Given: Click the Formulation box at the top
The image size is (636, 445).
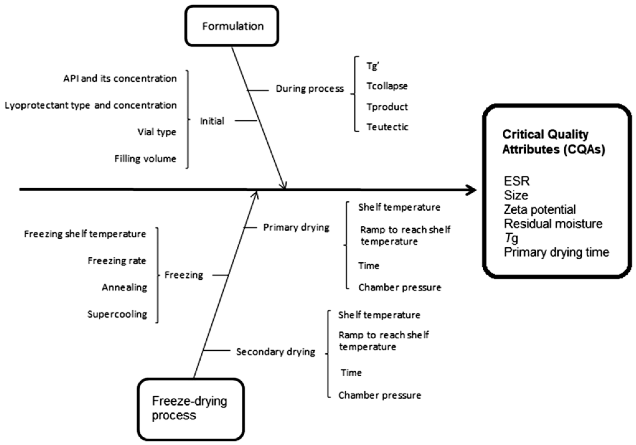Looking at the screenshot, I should coord(232,26).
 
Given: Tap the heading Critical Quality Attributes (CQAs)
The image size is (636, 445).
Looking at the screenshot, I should coord(553,142).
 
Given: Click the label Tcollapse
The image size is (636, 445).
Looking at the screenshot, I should coord(387,86).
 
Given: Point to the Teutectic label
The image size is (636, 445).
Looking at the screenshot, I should coord(387,127).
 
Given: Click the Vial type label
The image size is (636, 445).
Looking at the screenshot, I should coord(157,132).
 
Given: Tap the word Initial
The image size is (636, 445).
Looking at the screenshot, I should coord(212,121).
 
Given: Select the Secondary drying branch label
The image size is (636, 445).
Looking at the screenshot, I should coord(275,352).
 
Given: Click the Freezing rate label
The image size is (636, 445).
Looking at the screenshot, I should coord(117,261).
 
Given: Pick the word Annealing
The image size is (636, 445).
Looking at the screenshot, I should coord(124,288).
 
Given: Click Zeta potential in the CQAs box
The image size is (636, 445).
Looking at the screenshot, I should coord(539,210).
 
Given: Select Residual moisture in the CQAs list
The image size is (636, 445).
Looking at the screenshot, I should coord(553,224).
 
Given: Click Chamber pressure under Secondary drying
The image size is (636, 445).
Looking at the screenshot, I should coord(379,395).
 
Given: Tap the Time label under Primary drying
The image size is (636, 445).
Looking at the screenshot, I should coord(369,266).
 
